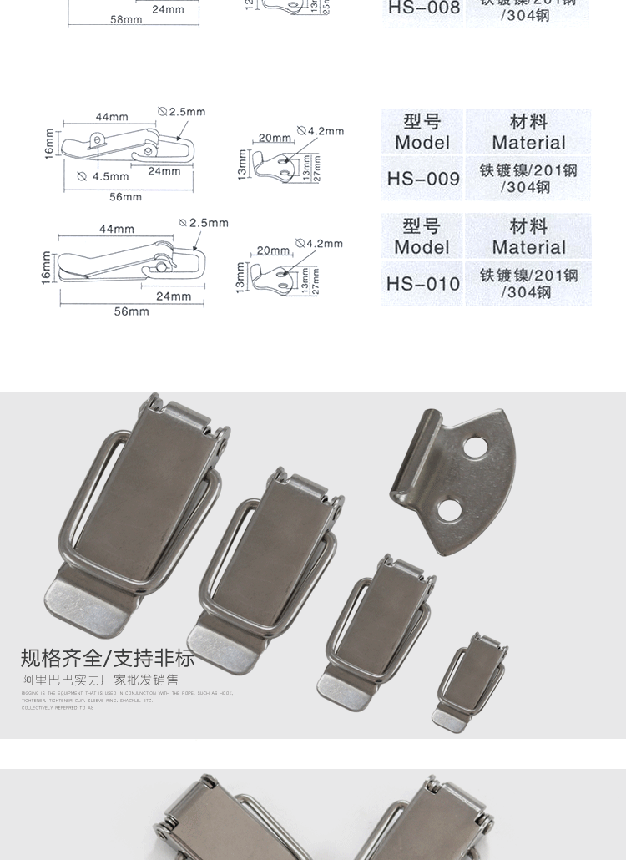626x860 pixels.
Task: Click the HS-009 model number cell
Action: click(x=423, y=179)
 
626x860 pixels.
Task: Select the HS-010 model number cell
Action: click(x=423, y=284)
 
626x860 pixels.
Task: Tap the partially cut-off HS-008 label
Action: click(x=423, y=8)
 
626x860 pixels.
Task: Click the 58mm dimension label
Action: click(x=126, y=19)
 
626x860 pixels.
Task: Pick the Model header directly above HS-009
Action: click(x=422, y=132)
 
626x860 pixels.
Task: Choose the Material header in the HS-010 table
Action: click(x=528, y=237)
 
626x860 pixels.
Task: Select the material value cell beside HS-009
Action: click(x=528, y=179)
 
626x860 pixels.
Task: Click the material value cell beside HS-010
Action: click(x=528, y=284)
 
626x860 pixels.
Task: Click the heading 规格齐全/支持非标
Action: click(x=107, y=658)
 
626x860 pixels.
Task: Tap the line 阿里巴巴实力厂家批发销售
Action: click(x=99, y=680)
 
